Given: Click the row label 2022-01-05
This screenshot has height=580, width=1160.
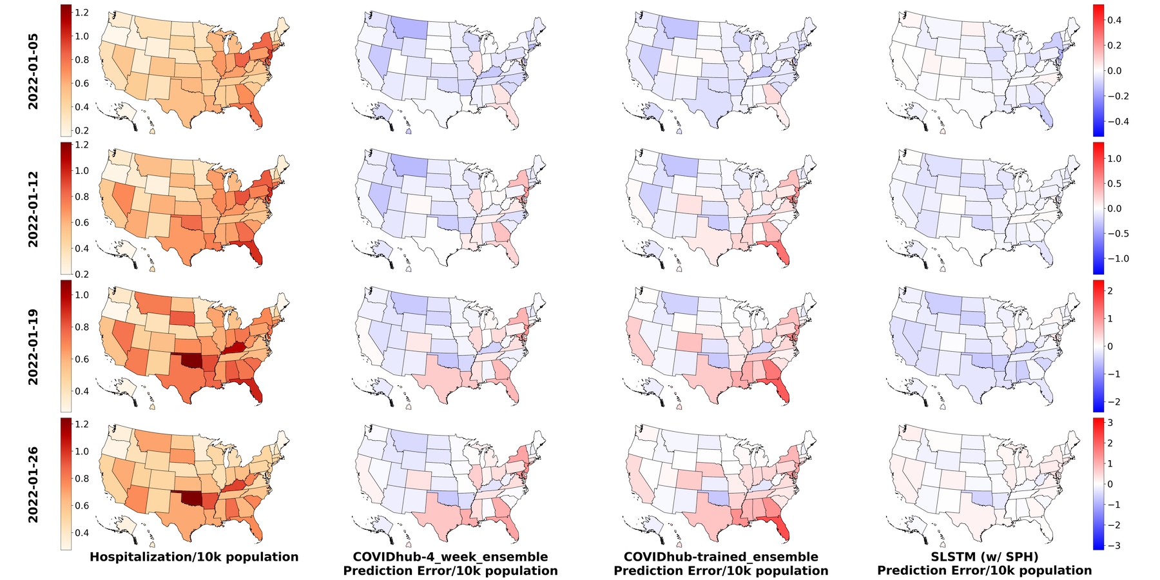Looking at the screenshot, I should tap(33, 71).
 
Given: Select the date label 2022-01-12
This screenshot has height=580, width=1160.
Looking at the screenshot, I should tap(33, 209).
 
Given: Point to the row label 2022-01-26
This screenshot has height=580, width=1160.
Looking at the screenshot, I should tap(33, 485).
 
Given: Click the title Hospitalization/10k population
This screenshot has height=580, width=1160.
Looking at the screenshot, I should tap(194, 557).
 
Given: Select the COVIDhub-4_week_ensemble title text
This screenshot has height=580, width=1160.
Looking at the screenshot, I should tap(450, 557).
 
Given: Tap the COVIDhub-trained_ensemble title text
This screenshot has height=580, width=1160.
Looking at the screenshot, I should tap(721, 557).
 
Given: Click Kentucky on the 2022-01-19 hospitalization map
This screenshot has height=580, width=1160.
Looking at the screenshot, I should tap(235, 347).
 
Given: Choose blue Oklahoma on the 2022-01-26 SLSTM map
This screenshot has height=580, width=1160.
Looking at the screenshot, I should tap(983, 500).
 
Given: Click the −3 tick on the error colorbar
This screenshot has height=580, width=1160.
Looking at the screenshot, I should tap(1114, 545).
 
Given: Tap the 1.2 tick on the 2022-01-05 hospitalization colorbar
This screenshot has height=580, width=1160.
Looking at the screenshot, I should tap(81, 12).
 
